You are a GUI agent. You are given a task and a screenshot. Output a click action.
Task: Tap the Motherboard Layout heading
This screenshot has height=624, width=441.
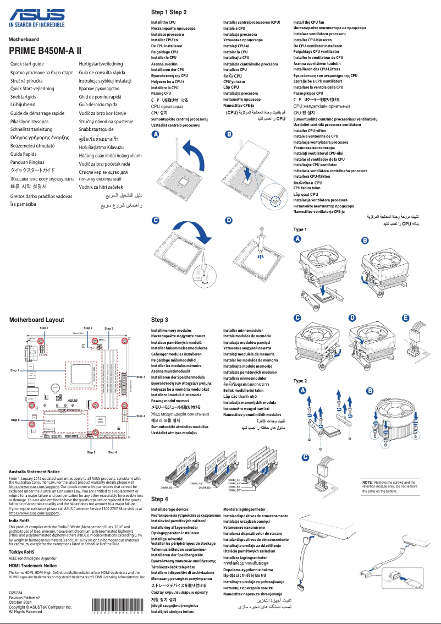coord(36,319)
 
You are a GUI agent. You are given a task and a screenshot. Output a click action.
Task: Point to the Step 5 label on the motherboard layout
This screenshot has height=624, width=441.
coord(15,420)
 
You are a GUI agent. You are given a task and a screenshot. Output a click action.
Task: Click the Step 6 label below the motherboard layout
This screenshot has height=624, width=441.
coord(91,452)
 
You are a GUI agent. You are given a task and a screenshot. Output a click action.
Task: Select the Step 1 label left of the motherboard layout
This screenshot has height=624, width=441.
coord(15,370)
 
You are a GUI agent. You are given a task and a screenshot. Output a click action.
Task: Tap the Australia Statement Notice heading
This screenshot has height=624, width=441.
coord(35,472)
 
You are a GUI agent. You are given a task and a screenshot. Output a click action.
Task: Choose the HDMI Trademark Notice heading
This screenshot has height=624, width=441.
coord(33,565)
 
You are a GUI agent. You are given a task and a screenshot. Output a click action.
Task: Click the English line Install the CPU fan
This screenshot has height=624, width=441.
coord(308,22)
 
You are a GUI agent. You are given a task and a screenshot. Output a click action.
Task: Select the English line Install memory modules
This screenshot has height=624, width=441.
coord(172,330)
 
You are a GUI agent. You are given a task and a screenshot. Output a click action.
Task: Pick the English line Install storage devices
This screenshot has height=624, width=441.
coord(170,510)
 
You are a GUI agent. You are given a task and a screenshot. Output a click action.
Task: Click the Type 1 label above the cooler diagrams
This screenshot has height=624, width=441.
coord(300,229)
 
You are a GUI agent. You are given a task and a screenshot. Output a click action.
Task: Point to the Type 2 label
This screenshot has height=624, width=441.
coord(300,381)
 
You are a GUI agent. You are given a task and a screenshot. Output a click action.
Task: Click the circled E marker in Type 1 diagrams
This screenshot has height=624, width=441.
coord(406,318)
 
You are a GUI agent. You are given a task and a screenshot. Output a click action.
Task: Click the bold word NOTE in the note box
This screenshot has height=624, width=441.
coord(367,481)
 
